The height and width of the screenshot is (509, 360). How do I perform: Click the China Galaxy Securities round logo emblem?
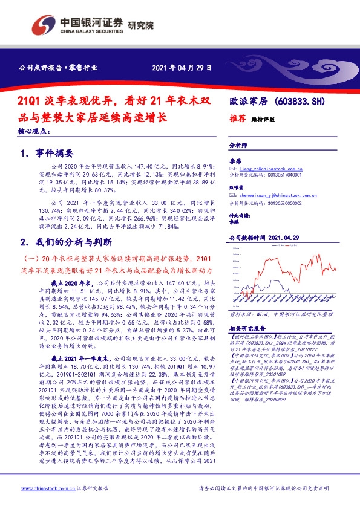pyautogui.click(x=43, y=25)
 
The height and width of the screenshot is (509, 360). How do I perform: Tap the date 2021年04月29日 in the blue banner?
pyautogui.click(x=183, y=68)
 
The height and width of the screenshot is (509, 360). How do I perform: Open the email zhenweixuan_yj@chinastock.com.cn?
pyautogui.click(x=272, y=196)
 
